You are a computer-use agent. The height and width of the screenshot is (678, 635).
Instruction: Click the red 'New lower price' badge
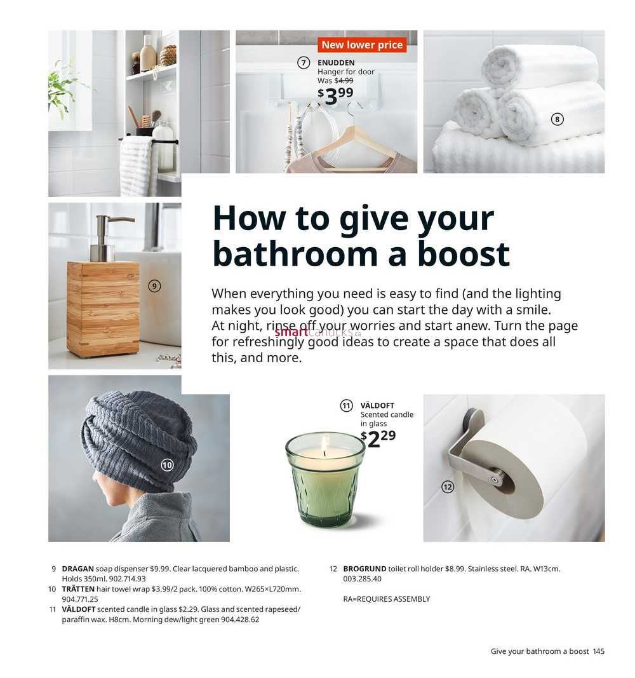coord(362,44)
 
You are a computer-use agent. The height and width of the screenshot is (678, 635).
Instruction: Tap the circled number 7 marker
coord(304,63)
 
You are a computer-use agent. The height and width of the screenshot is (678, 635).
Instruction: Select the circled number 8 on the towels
coord(558,119)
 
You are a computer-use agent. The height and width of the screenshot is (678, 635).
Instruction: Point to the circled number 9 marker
coord(154,286)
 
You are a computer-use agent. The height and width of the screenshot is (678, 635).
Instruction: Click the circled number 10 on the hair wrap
coord(167,465)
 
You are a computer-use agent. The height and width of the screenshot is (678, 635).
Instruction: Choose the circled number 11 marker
coord(347,405)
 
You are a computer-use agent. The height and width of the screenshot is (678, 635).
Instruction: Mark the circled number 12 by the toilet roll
coord(448,487)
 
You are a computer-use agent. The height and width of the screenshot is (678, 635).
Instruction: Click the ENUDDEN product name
coord(336,63)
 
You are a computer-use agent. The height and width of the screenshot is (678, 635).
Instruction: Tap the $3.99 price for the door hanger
coord(336,95)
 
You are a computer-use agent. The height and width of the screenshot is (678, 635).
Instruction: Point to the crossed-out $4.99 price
coord(344,81)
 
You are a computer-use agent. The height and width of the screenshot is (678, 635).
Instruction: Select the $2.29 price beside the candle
coord(378,438)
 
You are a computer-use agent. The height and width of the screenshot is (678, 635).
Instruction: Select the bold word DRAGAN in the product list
coord(77,569)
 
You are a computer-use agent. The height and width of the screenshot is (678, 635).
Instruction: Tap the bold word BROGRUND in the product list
coord(364,569)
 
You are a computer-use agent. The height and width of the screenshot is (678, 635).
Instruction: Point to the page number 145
coord(599,651)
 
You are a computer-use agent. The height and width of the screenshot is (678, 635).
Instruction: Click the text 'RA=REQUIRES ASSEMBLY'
coord(387,599)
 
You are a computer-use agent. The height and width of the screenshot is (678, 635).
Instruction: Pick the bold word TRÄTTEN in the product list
coord(78,588)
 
